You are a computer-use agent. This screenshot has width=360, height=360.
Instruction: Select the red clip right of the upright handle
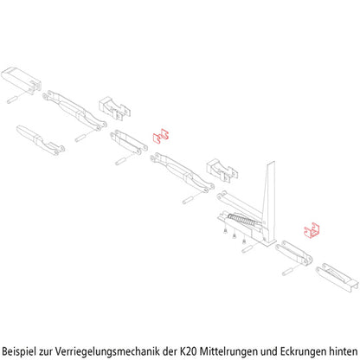click(x=312, y=229)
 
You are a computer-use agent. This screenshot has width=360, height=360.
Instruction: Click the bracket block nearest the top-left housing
click(x=113, y=107)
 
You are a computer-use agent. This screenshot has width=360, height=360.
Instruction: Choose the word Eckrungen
click(x=303, y=350)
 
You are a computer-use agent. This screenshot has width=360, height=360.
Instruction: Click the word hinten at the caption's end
click(x=344, y=350)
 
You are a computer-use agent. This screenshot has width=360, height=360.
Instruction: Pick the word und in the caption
click(x=270, y=350)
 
